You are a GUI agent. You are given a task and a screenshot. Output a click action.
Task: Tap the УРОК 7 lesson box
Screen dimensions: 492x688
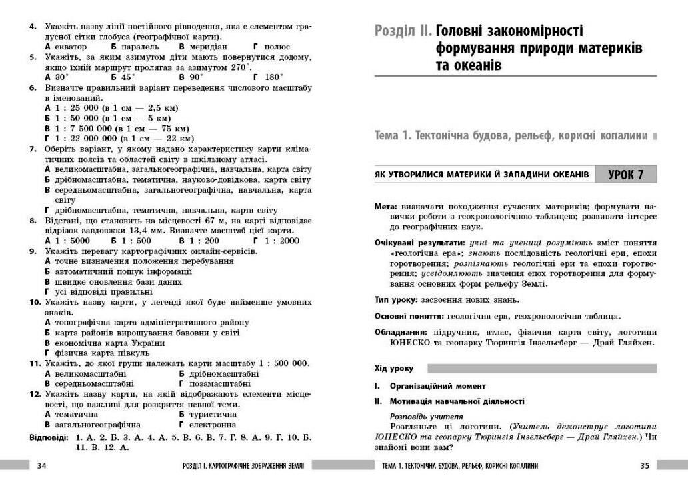(x=625, y=175)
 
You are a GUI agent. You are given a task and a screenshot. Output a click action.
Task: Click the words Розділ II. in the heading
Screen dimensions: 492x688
(x=403, y=31)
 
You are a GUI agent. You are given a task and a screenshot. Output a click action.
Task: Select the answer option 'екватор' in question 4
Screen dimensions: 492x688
(x=70, y=47)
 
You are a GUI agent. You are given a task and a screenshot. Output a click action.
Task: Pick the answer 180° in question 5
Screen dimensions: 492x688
(x=273, y=77)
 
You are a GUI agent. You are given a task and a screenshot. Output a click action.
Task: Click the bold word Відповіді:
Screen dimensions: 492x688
(x=49, y=437)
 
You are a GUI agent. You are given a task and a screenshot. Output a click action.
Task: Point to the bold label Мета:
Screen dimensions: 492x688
(x=387, y=207)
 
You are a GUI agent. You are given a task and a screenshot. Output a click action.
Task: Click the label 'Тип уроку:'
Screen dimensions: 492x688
(x=397, y=300)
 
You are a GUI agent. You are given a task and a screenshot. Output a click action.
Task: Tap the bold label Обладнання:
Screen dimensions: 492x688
(x=401, y=332)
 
